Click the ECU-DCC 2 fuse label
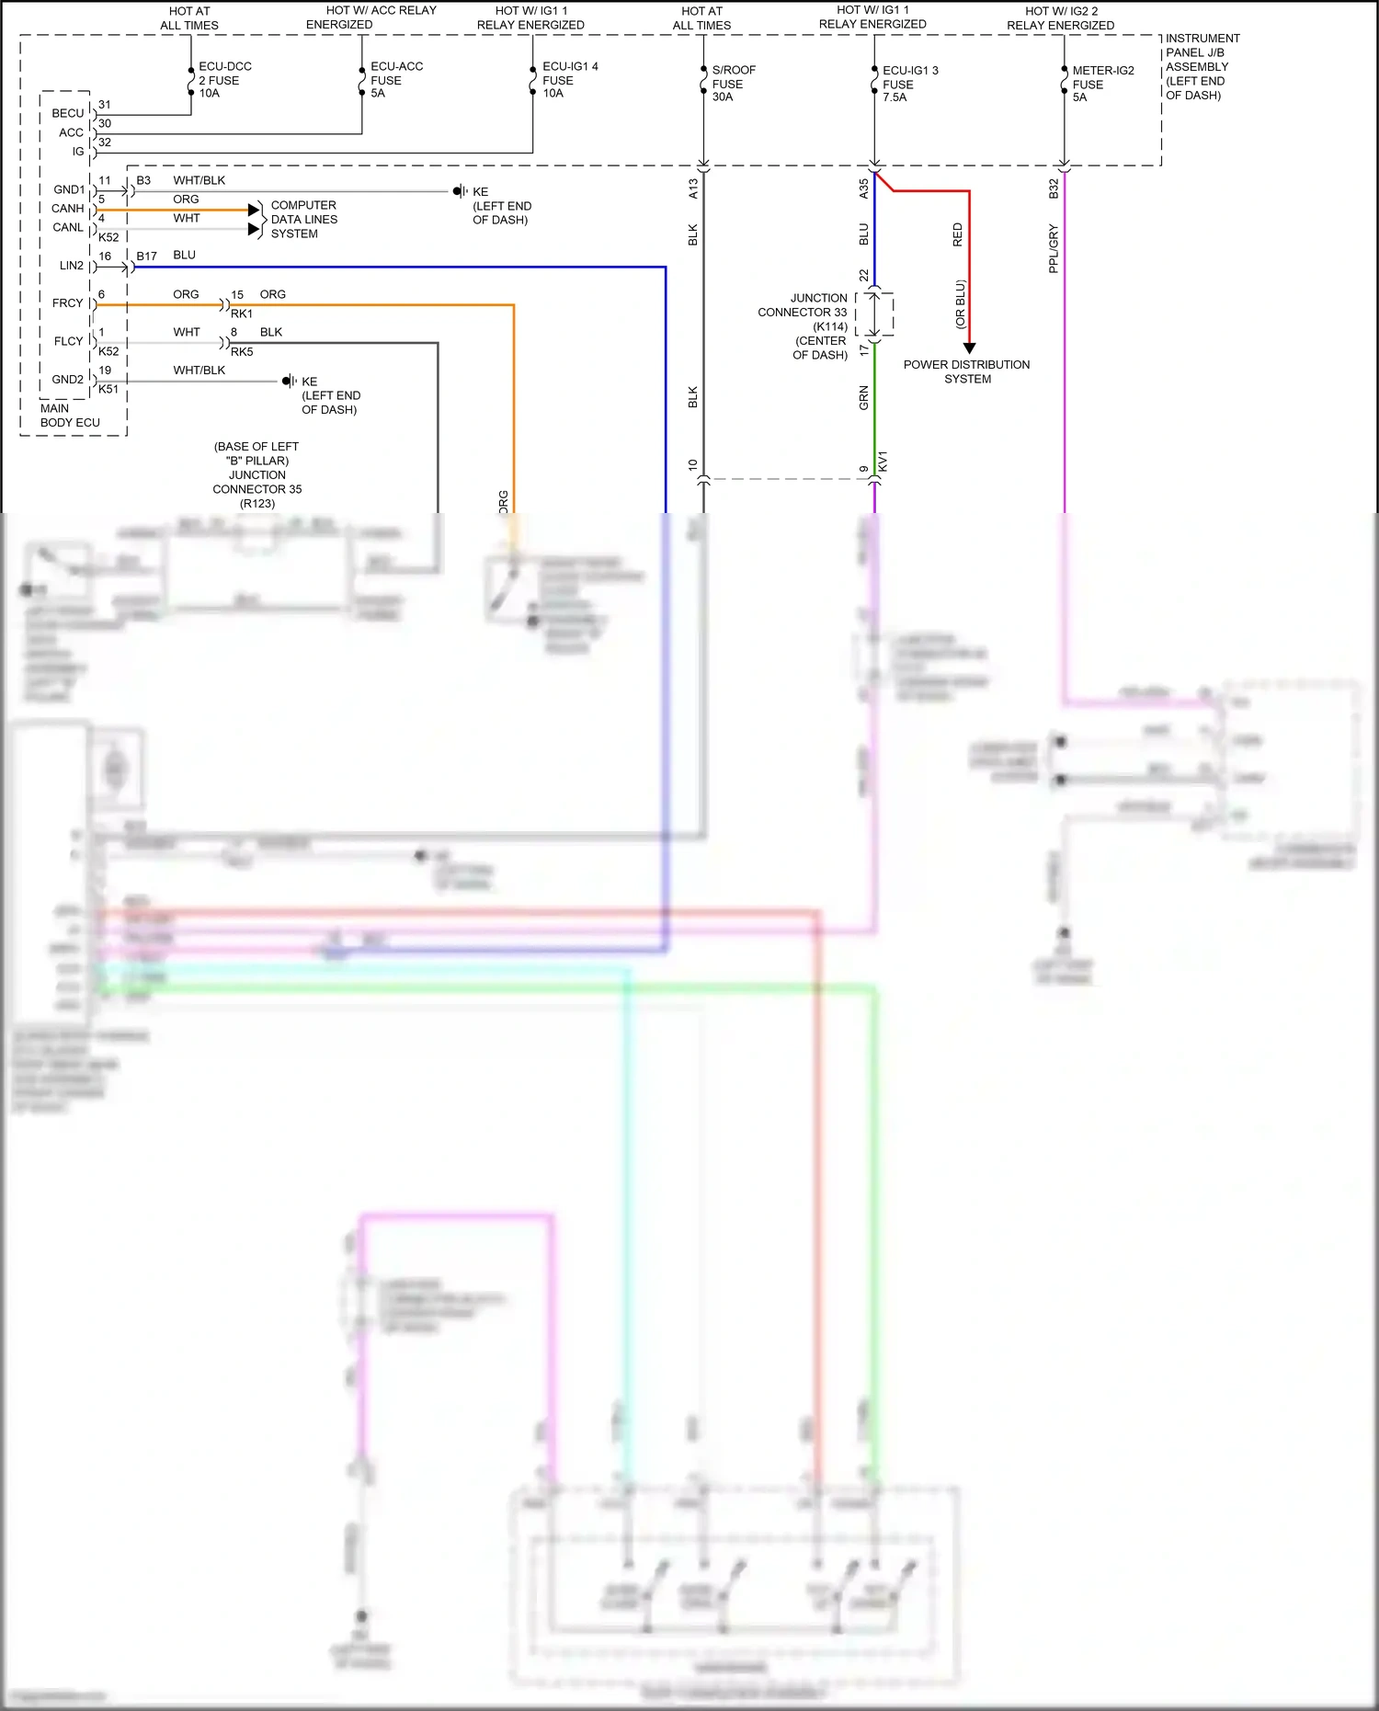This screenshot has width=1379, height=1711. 224,80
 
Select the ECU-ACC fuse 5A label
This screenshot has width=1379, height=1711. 396,80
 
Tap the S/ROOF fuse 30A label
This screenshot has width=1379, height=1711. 733,84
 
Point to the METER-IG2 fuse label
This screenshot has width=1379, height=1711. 1102,84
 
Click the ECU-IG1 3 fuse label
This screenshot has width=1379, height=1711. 909,84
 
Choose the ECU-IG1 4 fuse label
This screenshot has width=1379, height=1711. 569,80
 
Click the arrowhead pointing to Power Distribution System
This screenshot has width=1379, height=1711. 969,348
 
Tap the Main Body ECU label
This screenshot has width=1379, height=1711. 69,416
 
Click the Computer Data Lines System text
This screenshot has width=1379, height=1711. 303,220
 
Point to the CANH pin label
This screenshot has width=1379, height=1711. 67,209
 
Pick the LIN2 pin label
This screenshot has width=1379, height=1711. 71,266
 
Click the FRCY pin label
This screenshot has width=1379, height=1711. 67,303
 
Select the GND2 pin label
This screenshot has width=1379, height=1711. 67,379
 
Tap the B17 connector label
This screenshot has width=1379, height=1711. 146,257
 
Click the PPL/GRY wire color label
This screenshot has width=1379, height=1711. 1054,248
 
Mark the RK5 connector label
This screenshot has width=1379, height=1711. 242,352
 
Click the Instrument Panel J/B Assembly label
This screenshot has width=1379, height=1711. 1202,66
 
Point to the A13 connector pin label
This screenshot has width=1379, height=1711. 693,188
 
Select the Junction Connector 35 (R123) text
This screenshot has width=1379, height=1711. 257,483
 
